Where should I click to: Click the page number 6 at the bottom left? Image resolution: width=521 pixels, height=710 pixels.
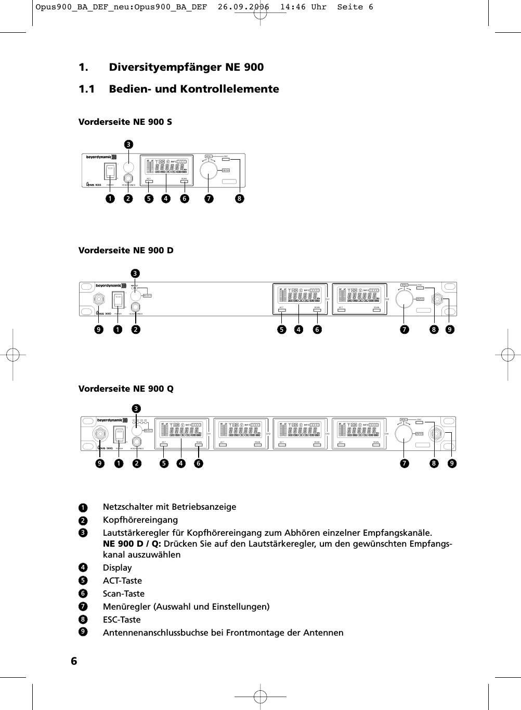click(74, 661)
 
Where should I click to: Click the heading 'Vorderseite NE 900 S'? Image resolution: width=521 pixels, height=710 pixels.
click(125, 122)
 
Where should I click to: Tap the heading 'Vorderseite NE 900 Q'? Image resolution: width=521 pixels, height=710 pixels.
click(126, 389)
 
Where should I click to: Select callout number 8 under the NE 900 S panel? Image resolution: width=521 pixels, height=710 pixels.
click(239, 198)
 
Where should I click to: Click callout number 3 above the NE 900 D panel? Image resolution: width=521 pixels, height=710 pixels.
click(135, 273)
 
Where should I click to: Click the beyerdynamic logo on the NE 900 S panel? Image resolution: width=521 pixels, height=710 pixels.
click(101, 157)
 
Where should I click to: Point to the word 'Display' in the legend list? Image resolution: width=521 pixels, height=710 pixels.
click(118, 568)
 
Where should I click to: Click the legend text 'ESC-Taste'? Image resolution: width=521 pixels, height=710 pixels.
click(122, 620)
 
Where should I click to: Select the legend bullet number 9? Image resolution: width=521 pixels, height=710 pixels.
click(82, 632)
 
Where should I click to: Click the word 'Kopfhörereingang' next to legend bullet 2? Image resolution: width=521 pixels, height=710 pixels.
click(140, 520)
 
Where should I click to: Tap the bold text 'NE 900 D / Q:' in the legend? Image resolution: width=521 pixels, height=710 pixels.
click(132, 544)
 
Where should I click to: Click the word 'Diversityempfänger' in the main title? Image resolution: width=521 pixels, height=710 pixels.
click(165, 68)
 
